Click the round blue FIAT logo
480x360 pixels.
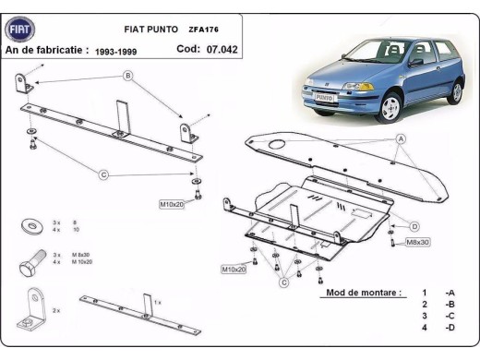coord(19,30)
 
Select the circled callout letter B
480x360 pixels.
coord(128,75)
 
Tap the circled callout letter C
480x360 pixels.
coord(103,174)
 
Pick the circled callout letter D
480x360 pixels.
coord(414,226)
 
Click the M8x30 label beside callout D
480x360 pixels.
coord(418,242)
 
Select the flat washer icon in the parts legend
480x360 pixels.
coord(32,224)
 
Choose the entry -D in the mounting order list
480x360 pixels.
coord(449,328)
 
